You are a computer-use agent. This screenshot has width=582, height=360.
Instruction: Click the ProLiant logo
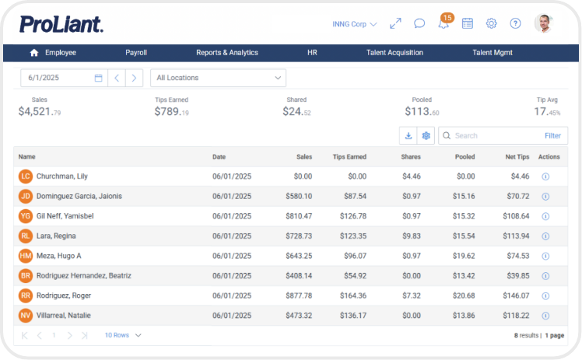(61, 24)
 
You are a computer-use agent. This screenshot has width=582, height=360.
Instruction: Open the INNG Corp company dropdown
(353, 24)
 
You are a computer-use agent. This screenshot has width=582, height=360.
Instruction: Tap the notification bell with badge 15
(444, 23)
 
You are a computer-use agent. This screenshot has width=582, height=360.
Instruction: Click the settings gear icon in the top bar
(491, 23)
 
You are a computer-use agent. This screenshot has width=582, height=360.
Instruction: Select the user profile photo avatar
(543, 23)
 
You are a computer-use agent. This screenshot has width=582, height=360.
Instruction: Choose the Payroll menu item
(136, 53)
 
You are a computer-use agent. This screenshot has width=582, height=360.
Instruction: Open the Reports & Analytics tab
(226, 53)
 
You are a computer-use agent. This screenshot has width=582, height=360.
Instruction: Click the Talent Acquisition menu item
(394, 53)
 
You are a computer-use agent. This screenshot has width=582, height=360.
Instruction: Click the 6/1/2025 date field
(58, 78)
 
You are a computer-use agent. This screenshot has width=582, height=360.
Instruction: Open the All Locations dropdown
(218, 78)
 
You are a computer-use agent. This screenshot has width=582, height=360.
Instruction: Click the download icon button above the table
(408, 135)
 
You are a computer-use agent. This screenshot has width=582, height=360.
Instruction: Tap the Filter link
(552, 135)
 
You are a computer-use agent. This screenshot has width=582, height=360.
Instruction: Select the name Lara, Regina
(58, 236)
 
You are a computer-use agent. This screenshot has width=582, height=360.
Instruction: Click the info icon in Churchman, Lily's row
(545, 177)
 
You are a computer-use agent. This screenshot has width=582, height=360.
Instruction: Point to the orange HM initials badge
(26, 256)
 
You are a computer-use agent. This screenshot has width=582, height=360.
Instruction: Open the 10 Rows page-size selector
(123, 335)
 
